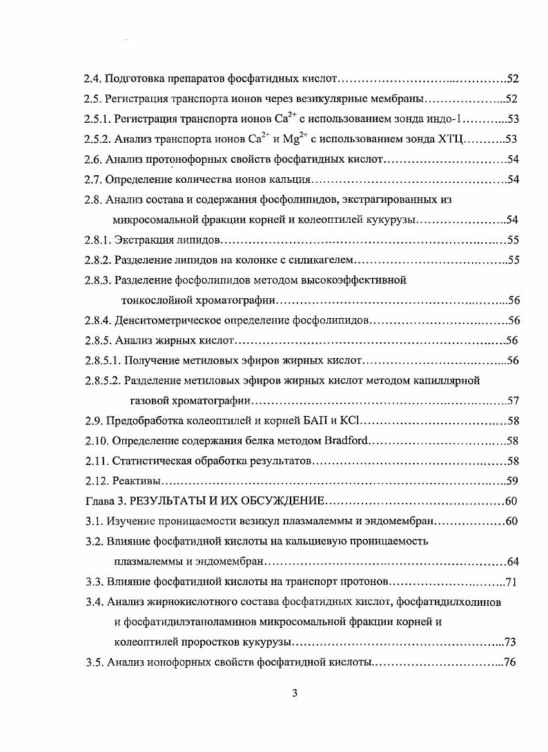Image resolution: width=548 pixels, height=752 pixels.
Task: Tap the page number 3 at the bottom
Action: pyautogui.click(x=295, y=693)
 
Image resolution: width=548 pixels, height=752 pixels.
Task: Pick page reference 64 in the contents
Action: pyautogui.click(x=511, y=561)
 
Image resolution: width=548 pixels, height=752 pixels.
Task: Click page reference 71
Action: pyautogui.click(x=511, y=581)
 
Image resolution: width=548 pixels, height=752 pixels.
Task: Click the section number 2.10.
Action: pyautogui.click(x=97, y=440)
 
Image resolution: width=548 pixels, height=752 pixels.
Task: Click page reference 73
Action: pyautogui.click(x=511, y=642)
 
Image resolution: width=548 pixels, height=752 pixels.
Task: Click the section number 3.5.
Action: pyautogui.click(x=94, y=662)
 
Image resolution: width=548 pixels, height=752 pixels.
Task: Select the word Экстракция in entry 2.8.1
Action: pyautogui.click(x=142, y=240)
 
